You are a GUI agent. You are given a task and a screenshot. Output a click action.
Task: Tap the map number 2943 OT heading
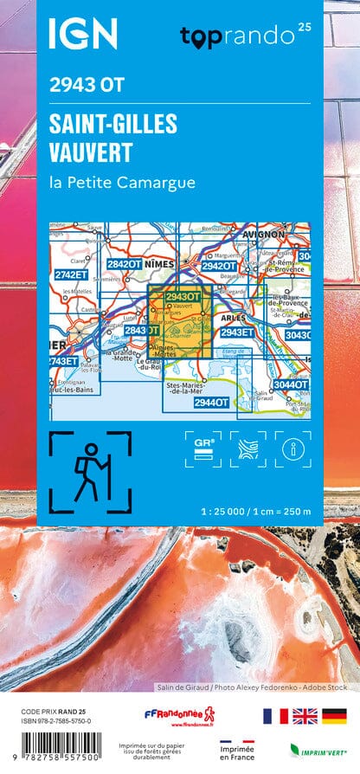pyautogui.click(x=87, y=85)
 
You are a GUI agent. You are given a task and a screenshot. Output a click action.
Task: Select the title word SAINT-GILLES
pyautogui.click(x=113, y=124)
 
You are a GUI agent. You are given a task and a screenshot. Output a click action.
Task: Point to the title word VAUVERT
pyautogui.click(x=92, y=153)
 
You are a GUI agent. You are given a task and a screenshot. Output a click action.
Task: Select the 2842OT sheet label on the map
pyautogui.click(x=123, y=264)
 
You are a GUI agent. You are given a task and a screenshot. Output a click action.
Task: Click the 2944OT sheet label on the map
pyautogui.click(x=211, y=402)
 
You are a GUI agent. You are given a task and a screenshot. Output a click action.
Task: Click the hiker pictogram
pyautogui.click(x=90, y=471)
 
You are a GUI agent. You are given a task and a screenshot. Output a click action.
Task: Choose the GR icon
pyautogui.click(x=202, y=448)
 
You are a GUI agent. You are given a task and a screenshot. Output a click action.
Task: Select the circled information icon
pyautogui.click(x=292, y=448)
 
